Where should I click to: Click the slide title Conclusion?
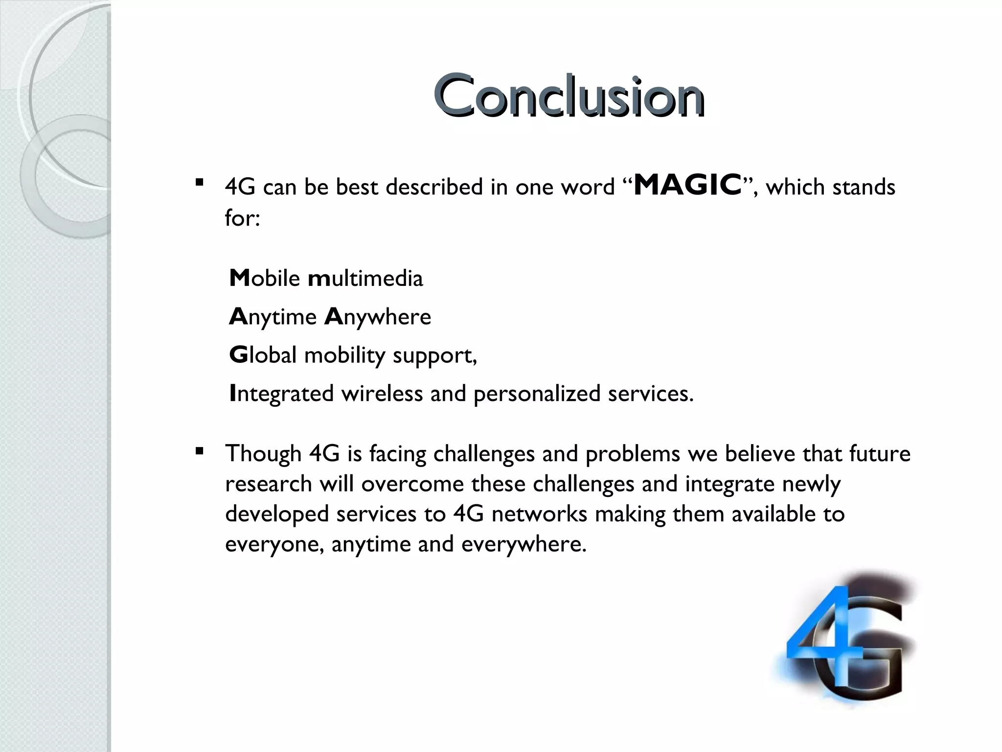(x=569, y=96)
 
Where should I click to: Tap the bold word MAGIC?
(x=687, y=186)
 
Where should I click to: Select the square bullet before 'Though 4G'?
(x=199, y=450)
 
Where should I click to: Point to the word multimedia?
(x=365, y=279)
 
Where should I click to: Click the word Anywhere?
(x=378, y=317)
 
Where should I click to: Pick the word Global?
(x=263, y=355)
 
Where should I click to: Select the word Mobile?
(x=264, y=279)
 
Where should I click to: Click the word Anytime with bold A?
(x=273, y=317)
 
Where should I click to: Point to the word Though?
(x=263, y=454)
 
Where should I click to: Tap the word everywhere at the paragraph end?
(x=524, y=544)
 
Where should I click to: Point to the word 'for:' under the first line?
(x=242, y=217)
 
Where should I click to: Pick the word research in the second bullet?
(x=268, y=484)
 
